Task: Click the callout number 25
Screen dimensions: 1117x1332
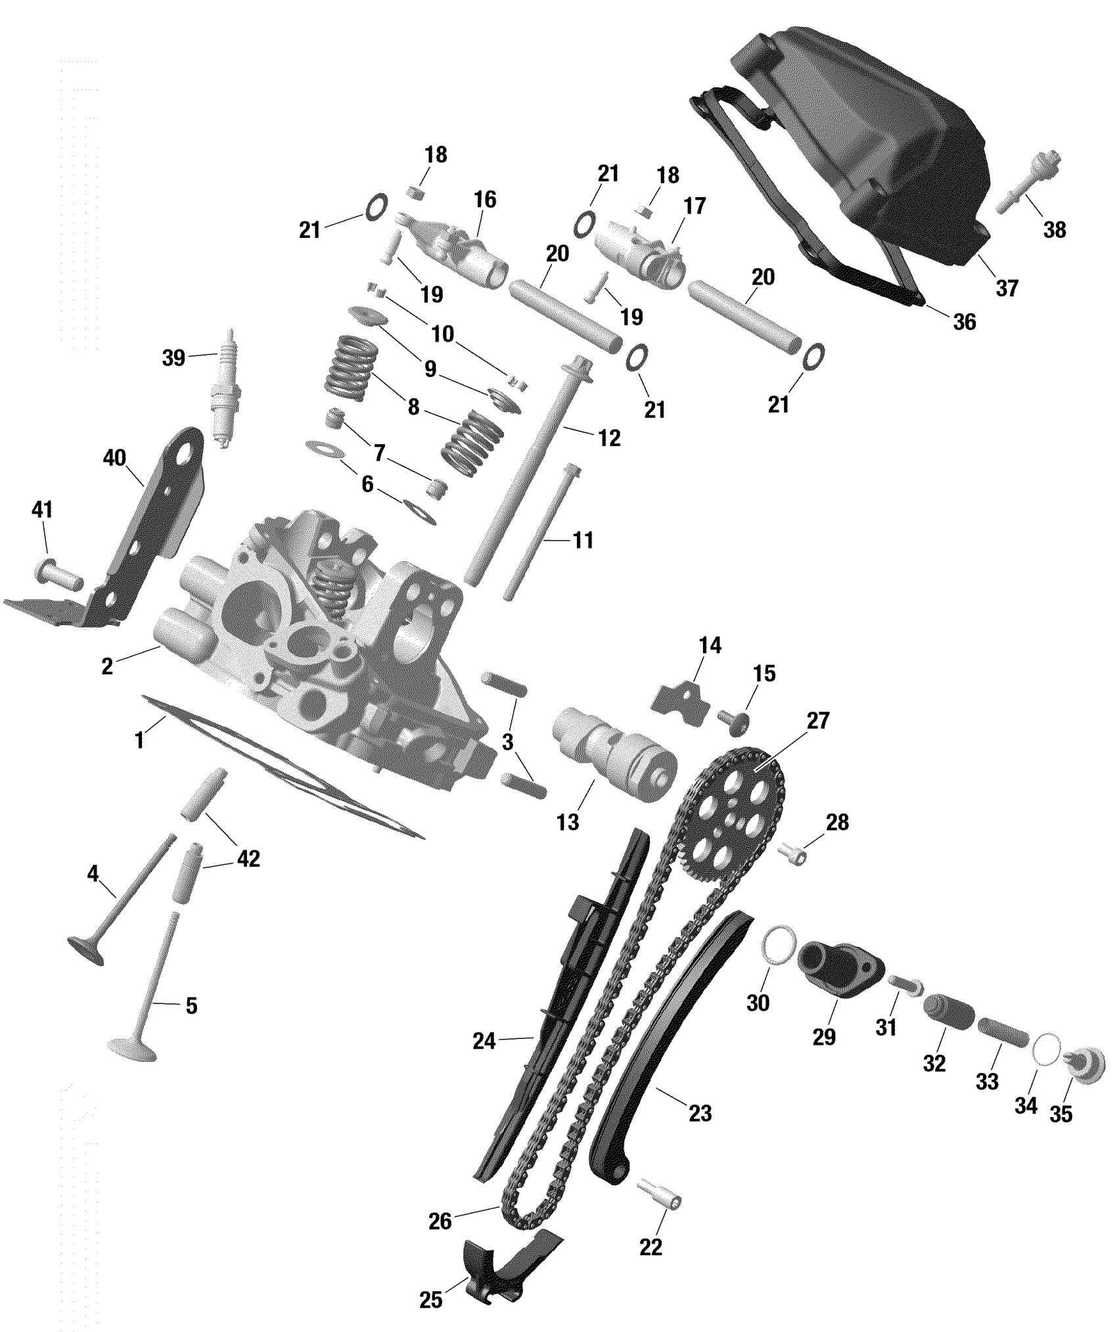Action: (x=431, y=1300)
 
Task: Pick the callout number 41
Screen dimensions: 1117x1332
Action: (x=42, y=510)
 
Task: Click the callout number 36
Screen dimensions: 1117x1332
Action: (x=964, y=322)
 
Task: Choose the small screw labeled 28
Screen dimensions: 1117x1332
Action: (x=794, y=854)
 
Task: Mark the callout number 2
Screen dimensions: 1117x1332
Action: (x=107, y=666)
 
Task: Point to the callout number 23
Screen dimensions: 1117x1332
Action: (x=700, y=1113)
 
